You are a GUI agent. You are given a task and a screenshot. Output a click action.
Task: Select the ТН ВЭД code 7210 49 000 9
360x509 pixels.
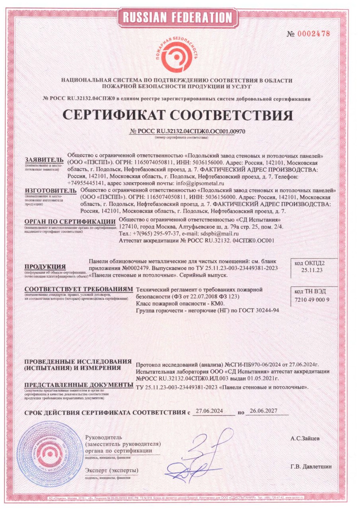coord(313,299)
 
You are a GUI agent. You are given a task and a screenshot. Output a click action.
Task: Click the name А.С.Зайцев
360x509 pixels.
coord(305,439)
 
